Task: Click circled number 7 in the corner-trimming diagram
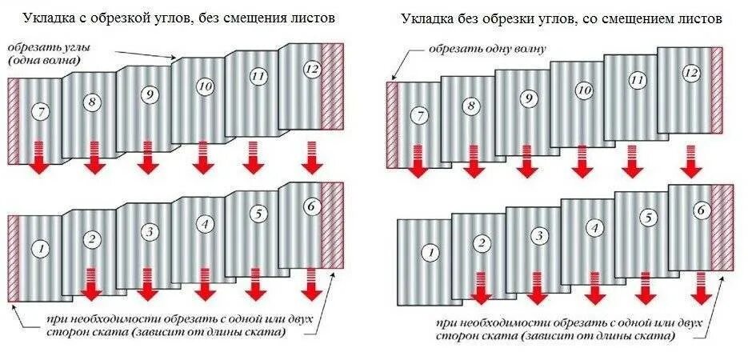tap(38, 113)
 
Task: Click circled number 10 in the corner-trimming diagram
tap(204, 86)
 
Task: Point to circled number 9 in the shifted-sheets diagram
tap(528, 98)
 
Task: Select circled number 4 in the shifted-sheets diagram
tap(594, 228)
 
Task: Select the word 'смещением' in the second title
tap(627, 17)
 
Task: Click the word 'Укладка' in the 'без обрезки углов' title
tap(423, 17)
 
